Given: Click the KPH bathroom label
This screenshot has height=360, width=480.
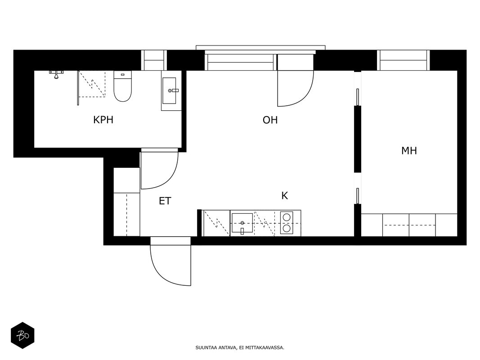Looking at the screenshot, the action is (103, 120).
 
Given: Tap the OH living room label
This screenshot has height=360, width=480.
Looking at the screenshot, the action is (270, 120).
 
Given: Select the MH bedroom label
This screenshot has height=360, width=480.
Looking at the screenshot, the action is (409, 151).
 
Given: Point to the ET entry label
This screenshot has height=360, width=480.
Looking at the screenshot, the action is (165, 201).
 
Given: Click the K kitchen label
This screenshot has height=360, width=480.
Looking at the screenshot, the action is (285, 196).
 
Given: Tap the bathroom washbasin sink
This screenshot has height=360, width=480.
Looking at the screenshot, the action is (170, 90).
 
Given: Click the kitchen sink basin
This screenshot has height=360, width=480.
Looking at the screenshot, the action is (242, 223).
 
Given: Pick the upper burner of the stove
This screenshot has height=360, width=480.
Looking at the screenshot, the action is (287, 217).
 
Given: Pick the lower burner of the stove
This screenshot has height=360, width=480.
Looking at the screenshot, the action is (287, 228).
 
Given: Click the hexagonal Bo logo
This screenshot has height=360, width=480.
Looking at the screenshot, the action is (22, 336).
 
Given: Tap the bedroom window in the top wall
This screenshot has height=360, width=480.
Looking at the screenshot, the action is (404, 60).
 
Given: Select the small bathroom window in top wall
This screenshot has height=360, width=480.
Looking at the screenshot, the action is (154, 60).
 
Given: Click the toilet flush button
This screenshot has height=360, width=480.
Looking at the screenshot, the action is (123, 74).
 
